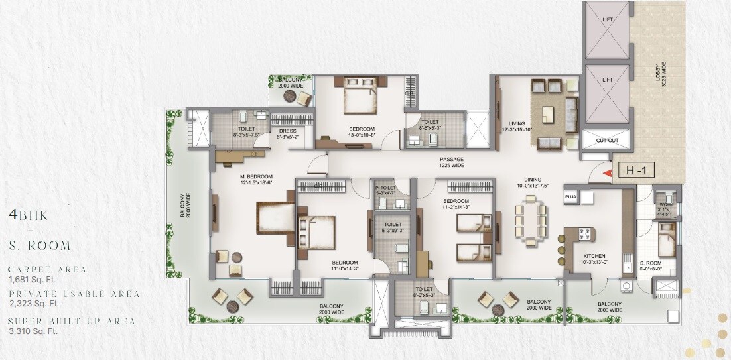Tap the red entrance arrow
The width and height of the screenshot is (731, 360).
point(606,172)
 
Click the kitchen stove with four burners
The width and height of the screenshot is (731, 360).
point(586,234)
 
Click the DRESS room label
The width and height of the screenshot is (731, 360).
point(287,132)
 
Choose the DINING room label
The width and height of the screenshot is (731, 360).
point(532,180)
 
